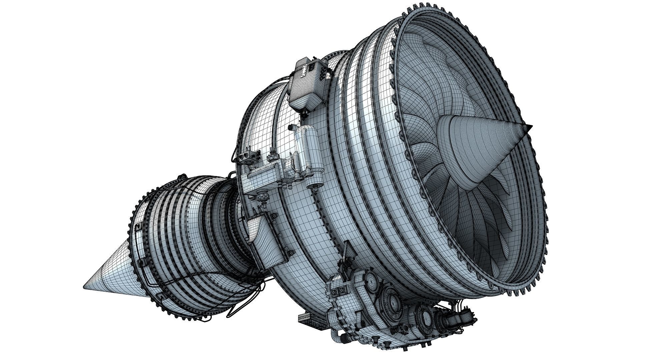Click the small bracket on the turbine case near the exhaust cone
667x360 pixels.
pyautogui.click(x=137, y=228)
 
